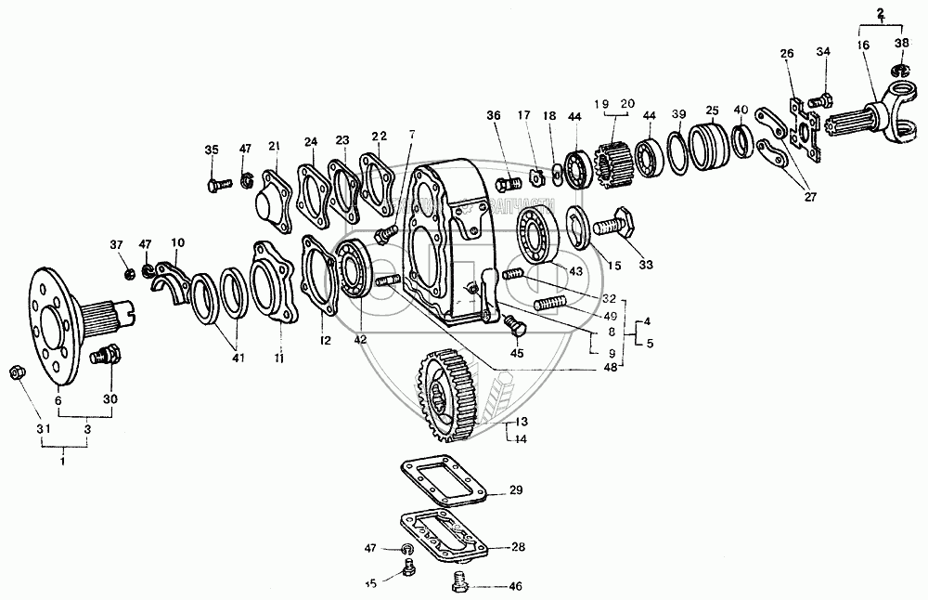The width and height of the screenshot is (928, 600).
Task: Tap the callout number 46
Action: point(516,586)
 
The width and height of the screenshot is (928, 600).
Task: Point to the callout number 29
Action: point(517,489)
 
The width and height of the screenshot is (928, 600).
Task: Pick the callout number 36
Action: point(493,115)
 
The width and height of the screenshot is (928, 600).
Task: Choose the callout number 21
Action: point(274,146)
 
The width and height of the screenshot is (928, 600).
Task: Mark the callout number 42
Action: point(360,340)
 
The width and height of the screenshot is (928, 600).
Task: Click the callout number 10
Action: point(177,243)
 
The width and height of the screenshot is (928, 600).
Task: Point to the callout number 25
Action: point(712,109)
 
